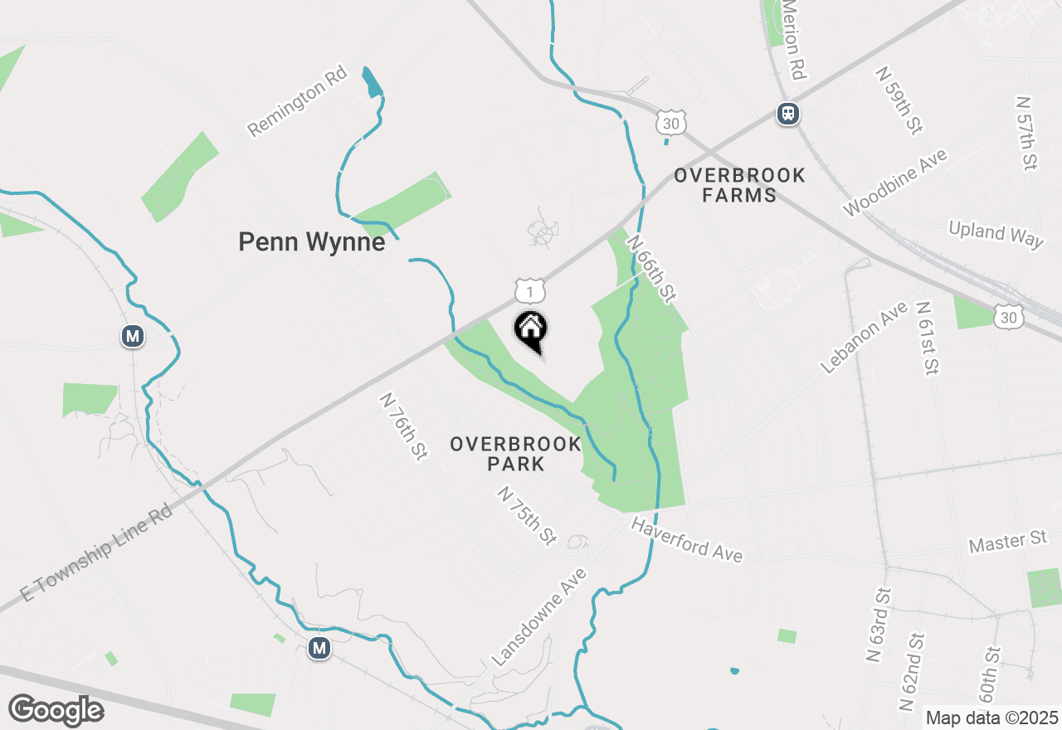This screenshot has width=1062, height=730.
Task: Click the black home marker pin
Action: [531, 332]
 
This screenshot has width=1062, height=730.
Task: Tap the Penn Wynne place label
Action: [311, 242]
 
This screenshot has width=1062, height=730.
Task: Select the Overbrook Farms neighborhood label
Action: [738, 185]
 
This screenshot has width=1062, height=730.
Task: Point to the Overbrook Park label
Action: [516, 454]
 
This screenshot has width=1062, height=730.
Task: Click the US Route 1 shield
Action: [529, 290]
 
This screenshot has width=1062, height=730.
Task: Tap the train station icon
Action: [787, 113]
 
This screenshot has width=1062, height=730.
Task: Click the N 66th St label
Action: [651, 268]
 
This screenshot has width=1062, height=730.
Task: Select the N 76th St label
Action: [403, 426]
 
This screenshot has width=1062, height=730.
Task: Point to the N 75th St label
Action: [527, 516]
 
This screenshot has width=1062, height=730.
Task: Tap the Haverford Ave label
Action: [686, 540]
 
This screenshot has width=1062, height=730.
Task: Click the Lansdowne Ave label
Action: [539, 616]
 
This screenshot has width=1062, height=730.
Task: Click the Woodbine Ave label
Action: [894, 183]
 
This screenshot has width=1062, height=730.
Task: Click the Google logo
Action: [56, 711]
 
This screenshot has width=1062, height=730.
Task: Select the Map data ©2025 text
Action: [991, 718]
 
